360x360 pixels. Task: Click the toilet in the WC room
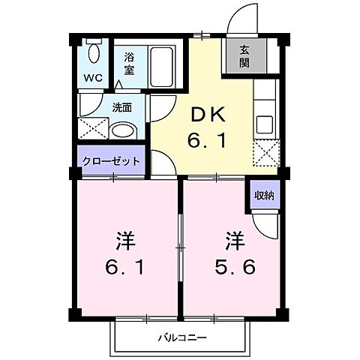point(94,53)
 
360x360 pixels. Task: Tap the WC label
point(93,77)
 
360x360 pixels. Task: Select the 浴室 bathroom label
point(129,61)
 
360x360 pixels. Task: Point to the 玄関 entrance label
point(244,57)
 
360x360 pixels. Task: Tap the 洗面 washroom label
point(123,107)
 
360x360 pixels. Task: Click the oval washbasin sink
point(121,130)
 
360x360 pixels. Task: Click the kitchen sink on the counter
point(265,123)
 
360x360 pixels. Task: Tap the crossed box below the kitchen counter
point(265,154)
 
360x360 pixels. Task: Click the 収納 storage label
point(264,194)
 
